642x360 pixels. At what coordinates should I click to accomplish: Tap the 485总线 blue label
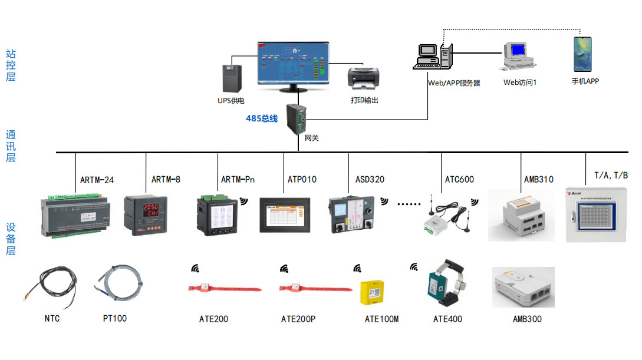coord(262,118)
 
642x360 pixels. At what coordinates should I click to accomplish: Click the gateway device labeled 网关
coord(297,119)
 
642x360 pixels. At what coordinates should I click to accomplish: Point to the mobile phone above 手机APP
coord(582,55)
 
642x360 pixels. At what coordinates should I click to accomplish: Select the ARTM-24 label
coord(97,180)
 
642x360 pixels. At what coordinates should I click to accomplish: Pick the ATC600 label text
coord(459,179)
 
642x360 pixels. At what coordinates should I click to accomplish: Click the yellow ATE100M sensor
coord(371,292)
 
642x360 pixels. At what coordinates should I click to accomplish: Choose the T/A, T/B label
coord(611,175)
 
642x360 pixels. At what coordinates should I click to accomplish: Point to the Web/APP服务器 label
coord(454,83)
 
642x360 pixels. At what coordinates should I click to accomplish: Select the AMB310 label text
coord(539,179)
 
